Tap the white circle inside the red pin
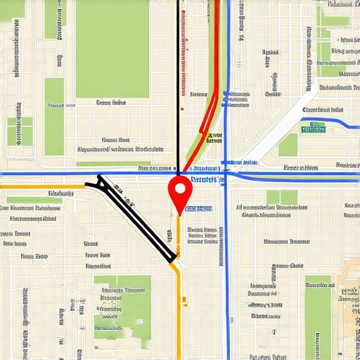181,188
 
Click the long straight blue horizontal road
70,173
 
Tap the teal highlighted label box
313,129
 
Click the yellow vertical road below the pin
179,309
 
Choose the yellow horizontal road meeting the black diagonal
42,186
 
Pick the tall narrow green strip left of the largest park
54,116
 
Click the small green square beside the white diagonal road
288,145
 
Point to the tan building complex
349,295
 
